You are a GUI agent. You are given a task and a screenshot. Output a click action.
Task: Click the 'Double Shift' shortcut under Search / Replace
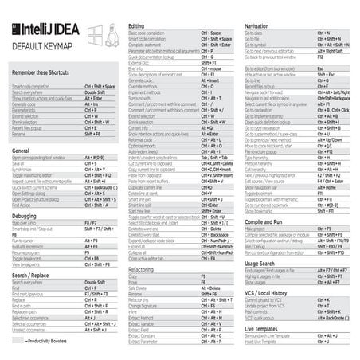point(96,281)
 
